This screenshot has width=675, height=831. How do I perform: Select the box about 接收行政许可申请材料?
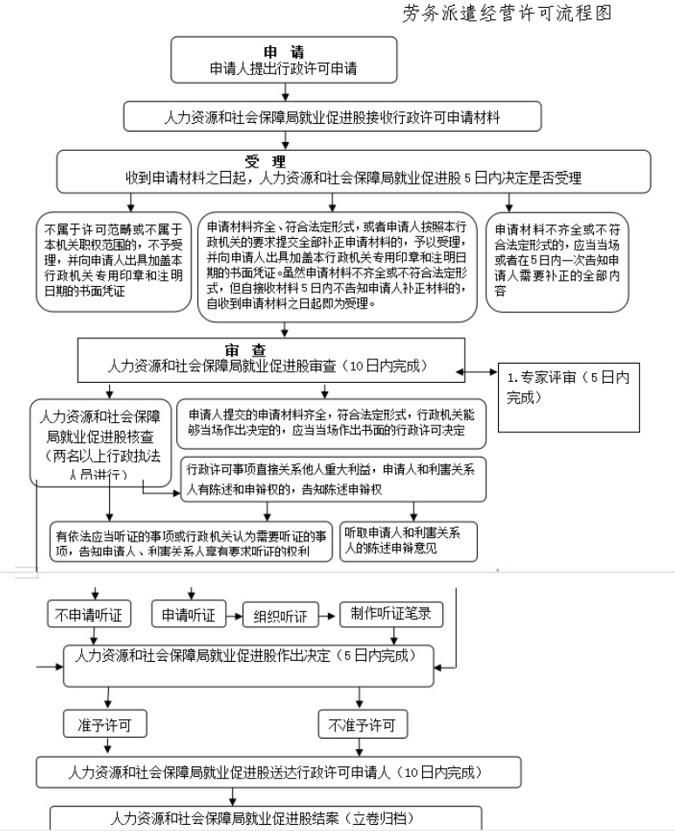(333, 116)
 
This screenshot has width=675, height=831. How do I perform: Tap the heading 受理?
(266, 161)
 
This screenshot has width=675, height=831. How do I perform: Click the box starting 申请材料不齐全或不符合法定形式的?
(557, 261)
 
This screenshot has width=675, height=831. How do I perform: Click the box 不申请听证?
(89, 614)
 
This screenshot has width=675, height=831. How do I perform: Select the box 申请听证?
(189, 614)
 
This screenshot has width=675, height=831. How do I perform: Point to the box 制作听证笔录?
(391, 613)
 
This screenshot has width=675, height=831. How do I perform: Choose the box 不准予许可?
(362, 723)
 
